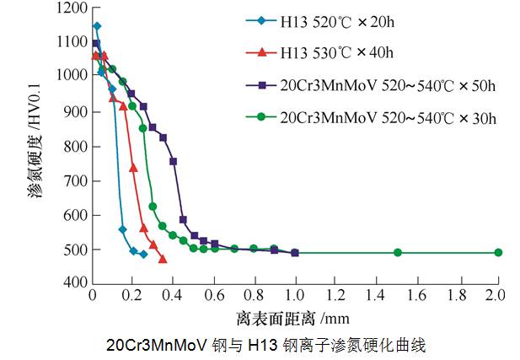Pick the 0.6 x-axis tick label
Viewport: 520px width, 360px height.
pos(213,297)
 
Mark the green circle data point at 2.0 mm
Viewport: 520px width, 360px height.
pos(498,252)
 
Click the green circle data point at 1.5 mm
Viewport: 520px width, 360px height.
pos(398,252)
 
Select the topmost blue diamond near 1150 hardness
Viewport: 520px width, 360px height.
pos(96,26)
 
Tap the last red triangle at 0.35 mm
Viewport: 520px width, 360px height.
pos(163,259)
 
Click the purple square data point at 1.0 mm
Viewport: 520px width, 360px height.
pos(294,252)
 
